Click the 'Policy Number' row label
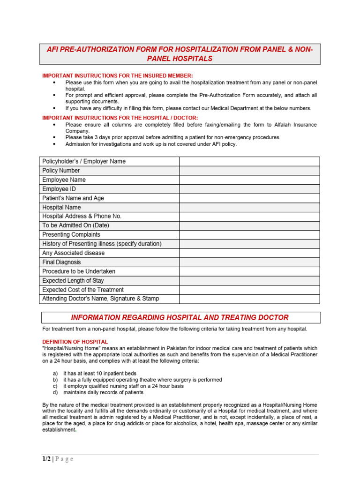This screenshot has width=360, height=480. click(61, 171)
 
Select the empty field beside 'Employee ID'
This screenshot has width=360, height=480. click(249, 189)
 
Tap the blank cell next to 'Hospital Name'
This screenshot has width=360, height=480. click(249, 207)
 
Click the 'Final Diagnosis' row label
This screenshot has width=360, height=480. click(61, 262)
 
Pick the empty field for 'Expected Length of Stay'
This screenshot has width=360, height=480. click(249, 281)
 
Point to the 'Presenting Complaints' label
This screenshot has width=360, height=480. click(71, 235)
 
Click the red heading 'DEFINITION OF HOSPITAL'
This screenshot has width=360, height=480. click(75, 342)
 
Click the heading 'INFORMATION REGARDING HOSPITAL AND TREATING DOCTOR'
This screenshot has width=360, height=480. click(180, 318)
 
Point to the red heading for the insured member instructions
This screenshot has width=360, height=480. click(118, 76)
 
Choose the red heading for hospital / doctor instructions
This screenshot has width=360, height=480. click(120, 118)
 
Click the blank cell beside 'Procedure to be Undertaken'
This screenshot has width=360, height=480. click(249, 271)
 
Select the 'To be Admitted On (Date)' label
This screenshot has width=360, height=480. click(75, 225)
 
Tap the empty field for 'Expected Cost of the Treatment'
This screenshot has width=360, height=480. click(249, 290)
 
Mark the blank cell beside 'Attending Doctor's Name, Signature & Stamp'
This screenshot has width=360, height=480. click(249, 299)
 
